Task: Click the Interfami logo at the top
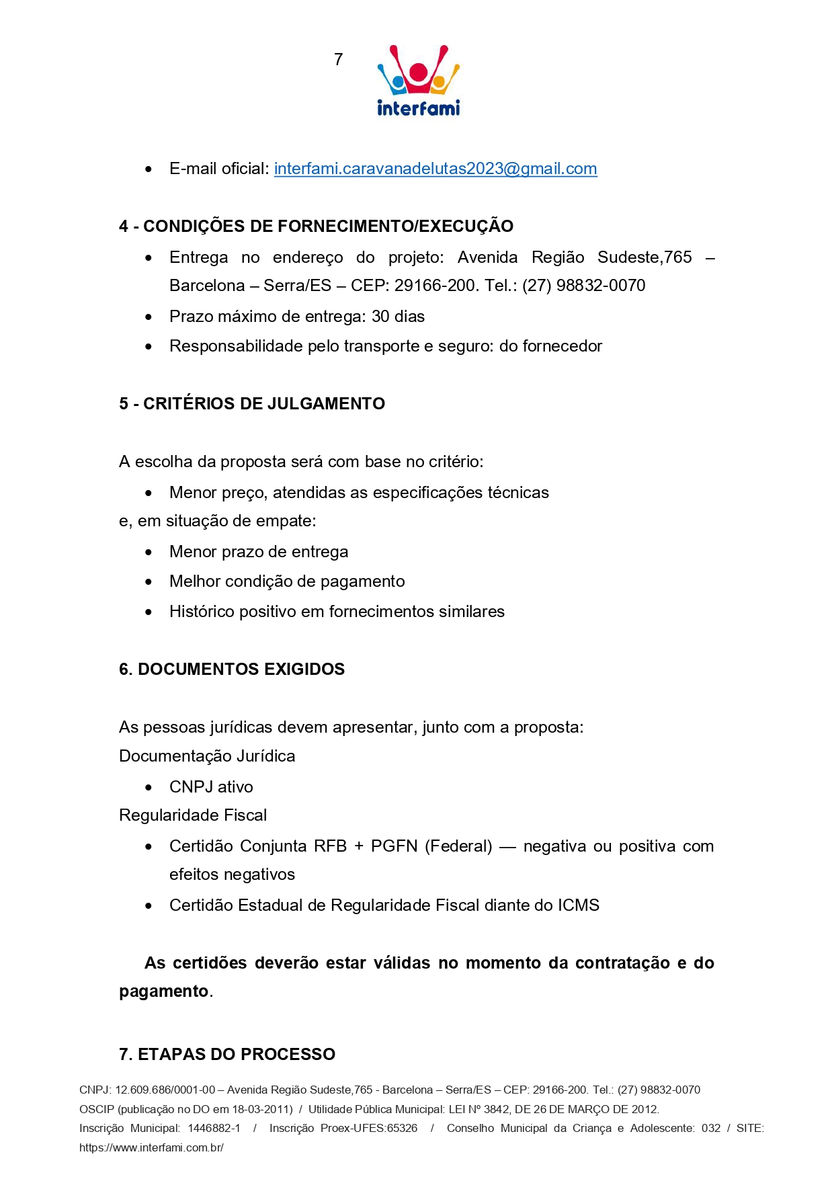point(418,81)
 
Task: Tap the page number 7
point(338,60)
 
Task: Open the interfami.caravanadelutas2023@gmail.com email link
point(435,169)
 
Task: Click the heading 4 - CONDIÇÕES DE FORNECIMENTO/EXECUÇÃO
point(316,227)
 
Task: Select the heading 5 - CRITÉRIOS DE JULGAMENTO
point(252,404)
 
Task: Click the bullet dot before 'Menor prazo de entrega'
point(149,553)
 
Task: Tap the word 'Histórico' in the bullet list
point(200,612)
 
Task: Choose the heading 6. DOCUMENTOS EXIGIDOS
point(232,669)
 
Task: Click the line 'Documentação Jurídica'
point(207,756)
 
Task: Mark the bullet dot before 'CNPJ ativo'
point(149,788)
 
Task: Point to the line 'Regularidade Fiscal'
point(193,815)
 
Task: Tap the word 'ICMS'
point(578,905)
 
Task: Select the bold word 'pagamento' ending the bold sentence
point(163,991)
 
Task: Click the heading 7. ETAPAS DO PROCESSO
point(227,1054)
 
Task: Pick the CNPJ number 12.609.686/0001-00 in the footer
point(165,1090)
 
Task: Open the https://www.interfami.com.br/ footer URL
point(151,1147)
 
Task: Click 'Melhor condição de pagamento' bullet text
point(287,581)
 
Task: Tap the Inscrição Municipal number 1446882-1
point(214,1128)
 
